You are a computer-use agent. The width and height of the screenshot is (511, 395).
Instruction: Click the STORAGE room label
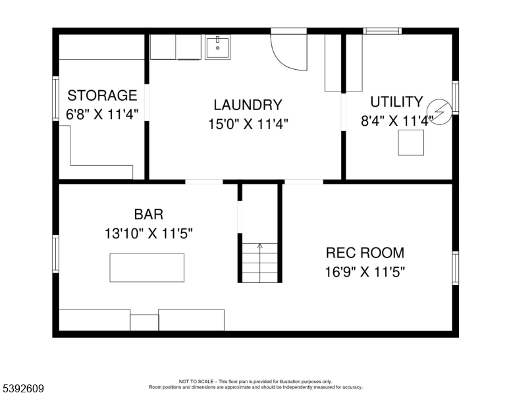(x=102, y=95)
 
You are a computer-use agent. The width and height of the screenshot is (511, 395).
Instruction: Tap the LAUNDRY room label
(x=248, y=105)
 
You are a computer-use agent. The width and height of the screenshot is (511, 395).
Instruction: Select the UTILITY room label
(x=396, y=101)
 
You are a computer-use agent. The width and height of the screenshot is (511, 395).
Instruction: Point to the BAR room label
(x=148, y=214)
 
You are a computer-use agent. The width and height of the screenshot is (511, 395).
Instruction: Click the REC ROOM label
(x=365, y=253)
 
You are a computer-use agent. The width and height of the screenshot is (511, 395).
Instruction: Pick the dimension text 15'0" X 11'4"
(x=248, y=123)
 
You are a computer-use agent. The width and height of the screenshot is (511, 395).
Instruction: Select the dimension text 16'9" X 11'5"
(x=365, y=271)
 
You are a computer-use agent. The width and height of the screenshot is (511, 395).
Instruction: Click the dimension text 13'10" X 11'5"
(x=148, y=232)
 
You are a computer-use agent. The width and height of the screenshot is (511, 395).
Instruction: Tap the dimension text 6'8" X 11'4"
(x=102, y=114)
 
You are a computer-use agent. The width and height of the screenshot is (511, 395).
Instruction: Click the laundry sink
(x=217, y=47)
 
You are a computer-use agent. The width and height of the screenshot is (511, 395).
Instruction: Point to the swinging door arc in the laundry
(x=290, y=53)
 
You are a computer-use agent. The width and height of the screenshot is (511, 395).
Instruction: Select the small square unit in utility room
(x=411, y=142)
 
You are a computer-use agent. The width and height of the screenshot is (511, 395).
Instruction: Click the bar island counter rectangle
(x=147, y=267)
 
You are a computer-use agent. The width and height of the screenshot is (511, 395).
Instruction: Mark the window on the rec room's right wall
(x=455, y=268)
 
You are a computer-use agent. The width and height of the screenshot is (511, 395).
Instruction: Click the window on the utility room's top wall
(x=383, y=30)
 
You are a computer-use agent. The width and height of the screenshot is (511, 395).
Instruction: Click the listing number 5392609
(x=23, y=388)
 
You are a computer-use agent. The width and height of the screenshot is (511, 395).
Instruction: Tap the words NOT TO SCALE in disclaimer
(x=196, y=382)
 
